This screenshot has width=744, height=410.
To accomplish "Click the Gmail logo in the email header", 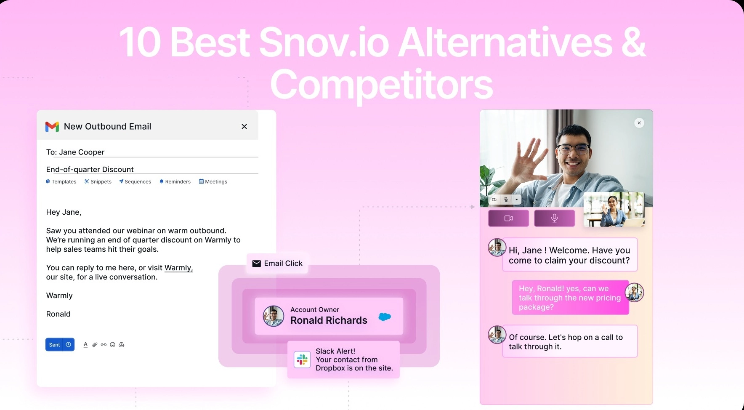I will pyautogui.click(x=52, y=126).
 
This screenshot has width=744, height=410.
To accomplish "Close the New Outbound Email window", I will pyautogui.click(x=244, y=126).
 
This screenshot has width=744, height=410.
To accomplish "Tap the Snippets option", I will pyautogui.click(x=98, y=181).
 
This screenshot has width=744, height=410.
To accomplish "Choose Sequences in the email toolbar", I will pyautogui.click(x=135, y=181).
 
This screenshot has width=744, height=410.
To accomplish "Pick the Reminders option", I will pyautogui.click(x=175, y=181).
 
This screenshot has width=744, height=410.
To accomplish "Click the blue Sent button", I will pyautogui.click(x=55, y=345).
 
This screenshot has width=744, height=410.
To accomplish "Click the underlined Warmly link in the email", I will pyautogui.click(x=178, y=268).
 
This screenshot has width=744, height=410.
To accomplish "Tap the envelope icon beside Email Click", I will pyautogui.click(x=256, y=264).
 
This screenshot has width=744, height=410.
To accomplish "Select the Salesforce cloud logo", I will pyautogui.click(x=385, y=317).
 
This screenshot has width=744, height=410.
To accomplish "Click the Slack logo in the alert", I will pyautogui.click(x=302, y=359).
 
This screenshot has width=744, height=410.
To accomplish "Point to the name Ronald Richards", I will pyautogui.click(x=329, y=320).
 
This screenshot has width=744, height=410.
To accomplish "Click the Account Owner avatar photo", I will pyautogui.click(x=274, y=316).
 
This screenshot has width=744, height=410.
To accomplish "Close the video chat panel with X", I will pyautogui.click(x=639, y=123).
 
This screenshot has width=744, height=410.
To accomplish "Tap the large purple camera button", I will pyautogui.click(x=508, y=218).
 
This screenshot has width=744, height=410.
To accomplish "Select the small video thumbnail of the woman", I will pyautogui.click(x=614, y=209).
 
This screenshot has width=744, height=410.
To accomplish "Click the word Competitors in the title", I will pyautogui.click(x=381, y=85).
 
